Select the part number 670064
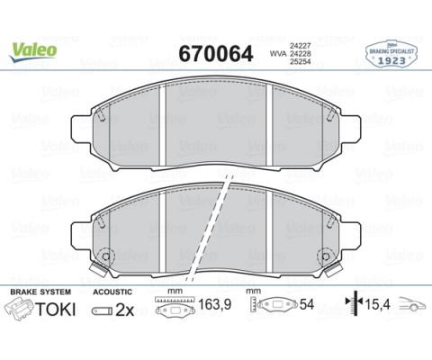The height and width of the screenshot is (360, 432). pyautogui.click(x=216, y=54)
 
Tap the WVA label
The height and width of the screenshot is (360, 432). pyautogui.click(x=274, y=54)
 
